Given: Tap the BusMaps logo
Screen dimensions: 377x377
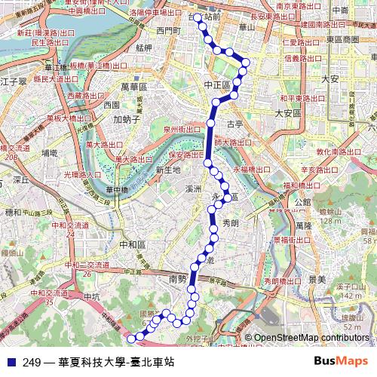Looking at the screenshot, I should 340,362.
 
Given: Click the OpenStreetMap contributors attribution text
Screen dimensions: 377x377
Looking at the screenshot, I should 311,338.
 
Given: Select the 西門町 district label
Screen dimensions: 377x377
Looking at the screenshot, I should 169,30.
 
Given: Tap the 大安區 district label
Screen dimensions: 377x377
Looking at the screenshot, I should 287,112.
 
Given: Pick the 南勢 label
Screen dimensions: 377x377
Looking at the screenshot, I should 178,279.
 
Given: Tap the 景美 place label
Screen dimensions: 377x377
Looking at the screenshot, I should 317,280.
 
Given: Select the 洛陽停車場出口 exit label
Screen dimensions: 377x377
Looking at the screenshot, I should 155,13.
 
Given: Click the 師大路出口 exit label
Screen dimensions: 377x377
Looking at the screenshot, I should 233,142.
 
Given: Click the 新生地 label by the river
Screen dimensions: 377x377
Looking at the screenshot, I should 168,170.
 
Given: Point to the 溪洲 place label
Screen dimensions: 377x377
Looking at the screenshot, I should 193,188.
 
